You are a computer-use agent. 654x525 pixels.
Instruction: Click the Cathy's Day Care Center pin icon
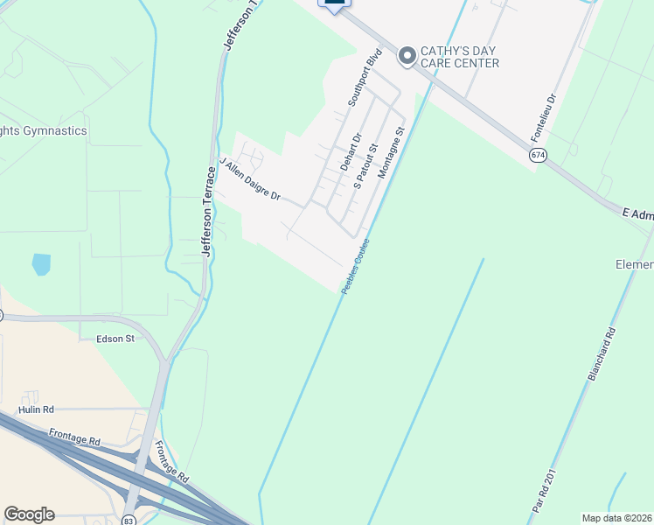click(x=406, y=56)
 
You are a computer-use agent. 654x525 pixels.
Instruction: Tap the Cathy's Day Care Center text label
click(x=459, y=57)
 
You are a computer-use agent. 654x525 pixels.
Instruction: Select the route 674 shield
click(x=538, y=154)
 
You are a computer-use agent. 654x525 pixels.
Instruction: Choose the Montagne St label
click(x=392, y=153)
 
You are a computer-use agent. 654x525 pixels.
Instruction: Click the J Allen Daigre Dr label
click(x=250, y=179)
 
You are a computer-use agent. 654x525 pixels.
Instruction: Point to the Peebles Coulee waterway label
click(x=356, y=266)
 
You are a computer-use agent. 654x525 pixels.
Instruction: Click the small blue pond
click(x=41, y=263)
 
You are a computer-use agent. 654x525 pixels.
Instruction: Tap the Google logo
click(x=29, y=514)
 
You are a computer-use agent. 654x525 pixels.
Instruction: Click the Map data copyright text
click(x=616, y=518)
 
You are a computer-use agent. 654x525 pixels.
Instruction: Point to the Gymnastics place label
click(x=44, y=130)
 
